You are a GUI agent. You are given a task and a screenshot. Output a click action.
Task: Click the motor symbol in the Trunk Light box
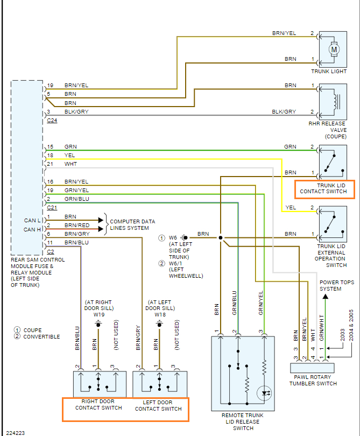click(x=334, y=49)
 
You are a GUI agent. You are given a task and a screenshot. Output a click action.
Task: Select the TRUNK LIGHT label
click(x=328, y=72)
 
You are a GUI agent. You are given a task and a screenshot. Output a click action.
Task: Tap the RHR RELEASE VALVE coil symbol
click(x=336, y=101)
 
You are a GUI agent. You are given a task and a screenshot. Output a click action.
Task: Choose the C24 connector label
click(x=52, y=121)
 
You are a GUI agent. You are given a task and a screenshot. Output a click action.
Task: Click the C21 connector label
click(x=52, y=207)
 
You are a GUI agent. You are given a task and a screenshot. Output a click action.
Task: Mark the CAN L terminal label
click(x=31, y=220)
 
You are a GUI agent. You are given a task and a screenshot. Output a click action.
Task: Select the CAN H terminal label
click(x=31, y=230)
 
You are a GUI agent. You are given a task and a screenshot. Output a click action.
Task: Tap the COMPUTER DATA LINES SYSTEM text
click(x=132, y=224)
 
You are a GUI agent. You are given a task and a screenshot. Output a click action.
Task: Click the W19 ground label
click(x=98, y=314)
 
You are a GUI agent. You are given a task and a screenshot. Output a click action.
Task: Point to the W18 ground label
click(x=159, y=314)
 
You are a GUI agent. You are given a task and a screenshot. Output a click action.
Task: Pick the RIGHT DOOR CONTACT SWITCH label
click(x=98, y=405)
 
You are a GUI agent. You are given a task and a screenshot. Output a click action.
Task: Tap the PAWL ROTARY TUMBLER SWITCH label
click(x=313, y=380)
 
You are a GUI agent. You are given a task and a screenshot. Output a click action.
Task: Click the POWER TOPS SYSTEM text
click(x=337, y=285)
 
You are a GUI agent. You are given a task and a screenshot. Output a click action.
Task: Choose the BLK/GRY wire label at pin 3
click(x=76, y=112)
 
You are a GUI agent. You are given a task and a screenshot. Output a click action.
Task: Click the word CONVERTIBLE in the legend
click(x=41, y=337)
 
